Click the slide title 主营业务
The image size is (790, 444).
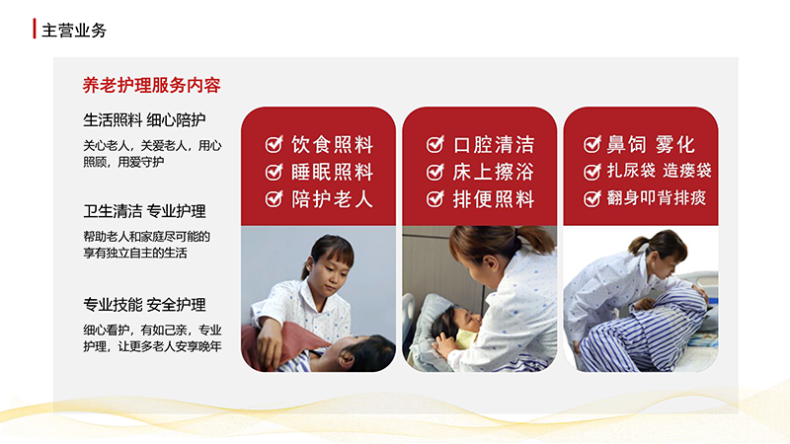(x=74, y=31)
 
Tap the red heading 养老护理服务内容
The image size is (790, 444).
(x=152, y=85)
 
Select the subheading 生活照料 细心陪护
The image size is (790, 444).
(x=144, y=119)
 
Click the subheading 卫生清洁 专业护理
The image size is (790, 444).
(x=144, y=211)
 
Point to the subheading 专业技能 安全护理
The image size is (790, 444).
(x=144, y=305)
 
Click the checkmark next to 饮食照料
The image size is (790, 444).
(x=275, y=144)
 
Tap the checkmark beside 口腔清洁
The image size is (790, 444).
(x=435, y=144)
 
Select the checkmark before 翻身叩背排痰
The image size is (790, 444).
(x=592, y=198)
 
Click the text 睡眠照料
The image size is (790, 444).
(x=333, y=172)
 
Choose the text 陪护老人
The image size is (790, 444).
(x=333, y=199)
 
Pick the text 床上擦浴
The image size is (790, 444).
(x=493, y=172)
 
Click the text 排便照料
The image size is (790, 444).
(x=493, y=199)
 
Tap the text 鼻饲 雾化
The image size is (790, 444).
(x=651, y=144)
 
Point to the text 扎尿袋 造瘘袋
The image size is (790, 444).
(x=659, y=171)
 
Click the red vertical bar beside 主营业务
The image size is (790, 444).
(x=35, y=29)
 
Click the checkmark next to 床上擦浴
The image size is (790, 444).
(x=435, y=172)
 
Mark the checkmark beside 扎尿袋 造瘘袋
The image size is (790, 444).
(x=592, y=172)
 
